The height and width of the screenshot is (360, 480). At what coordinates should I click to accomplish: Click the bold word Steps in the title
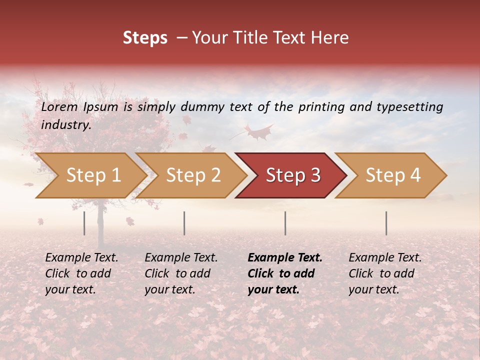(145, 38)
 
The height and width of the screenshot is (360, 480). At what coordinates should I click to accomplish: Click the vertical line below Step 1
(84, 223)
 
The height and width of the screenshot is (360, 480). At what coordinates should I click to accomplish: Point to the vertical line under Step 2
(184, 223)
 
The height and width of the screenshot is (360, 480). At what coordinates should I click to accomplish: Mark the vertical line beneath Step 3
(285, 223)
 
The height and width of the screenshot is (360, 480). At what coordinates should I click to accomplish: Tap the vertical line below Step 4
(386, 223)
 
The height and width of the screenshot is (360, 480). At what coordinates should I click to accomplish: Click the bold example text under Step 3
(285, 273)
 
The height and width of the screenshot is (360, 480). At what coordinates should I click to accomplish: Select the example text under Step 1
(81, 273)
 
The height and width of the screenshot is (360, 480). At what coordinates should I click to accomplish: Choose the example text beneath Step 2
(181, 273)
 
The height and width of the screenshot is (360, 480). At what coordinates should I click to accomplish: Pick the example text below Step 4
(385, 273)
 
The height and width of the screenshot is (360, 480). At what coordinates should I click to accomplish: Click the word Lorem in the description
(59, 107)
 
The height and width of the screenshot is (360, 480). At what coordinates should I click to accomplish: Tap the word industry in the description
(65, 125)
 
